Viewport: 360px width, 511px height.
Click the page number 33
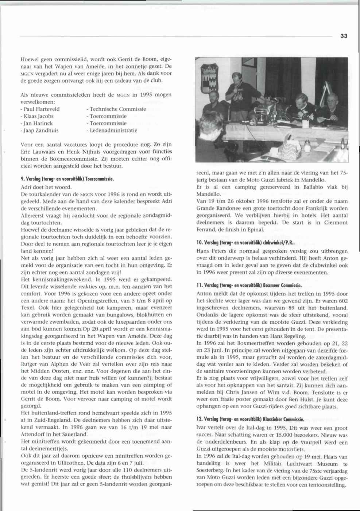click(x=343, y=36)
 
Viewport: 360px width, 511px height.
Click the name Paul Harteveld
click(x=41, y=109)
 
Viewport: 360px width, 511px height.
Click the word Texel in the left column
click(x=29, y=307)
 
